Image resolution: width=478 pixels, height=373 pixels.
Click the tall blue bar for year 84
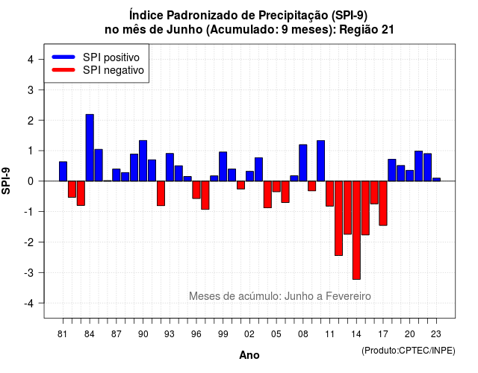coord(90,148)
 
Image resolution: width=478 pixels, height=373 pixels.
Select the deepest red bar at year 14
coord(356,231)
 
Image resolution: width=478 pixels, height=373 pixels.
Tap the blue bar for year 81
coord(63,172)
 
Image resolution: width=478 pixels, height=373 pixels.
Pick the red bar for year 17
coord(383,204)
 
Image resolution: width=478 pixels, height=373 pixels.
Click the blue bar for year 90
coord(143,161)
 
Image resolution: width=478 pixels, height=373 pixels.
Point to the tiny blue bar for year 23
coord(436,180)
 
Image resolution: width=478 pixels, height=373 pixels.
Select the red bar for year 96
coord(196,190)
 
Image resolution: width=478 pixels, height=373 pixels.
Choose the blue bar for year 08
coord(303,163)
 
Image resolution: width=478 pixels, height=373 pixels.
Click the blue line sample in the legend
coord(63,57)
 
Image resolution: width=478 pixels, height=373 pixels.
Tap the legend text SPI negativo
coord(114,70)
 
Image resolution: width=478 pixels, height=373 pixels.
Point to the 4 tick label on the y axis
coord(31,60)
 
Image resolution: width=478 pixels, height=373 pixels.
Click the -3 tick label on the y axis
coord(28,273)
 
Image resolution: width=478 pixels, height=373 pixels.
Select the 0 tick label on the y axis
coord(31,181)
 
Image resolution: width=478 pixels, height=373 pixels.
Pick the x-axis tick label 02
coord(249,334)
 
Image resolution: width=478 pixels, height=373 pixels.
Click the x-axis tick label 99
coord(223,334)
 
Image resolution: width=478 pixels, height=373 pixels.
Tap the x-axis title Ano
coord(249,355)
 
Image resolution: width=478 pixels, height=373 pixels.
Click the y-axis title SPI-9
coord(6,181)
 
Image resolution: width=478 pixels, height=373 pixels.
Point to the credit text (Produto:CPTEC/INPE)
coord(409,351)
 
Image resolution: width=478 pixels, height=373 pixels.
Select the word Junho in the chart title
coord(184,30)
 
